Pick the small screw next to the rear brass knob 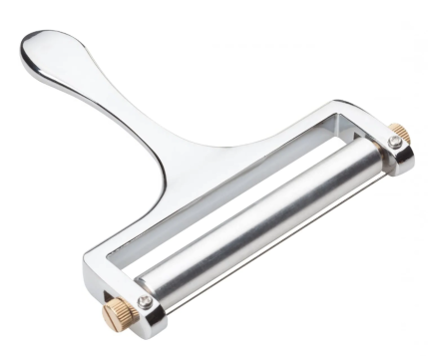[x=397, y=149]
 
